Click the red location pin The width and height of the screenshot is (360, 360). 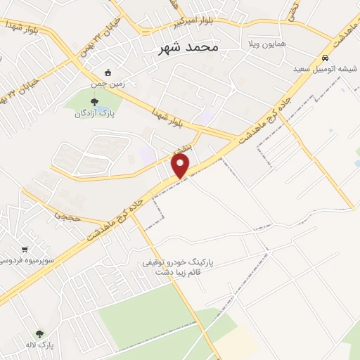click(181, 166)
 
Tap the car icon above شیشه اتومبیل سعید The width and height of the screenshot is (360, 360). click(324, 58)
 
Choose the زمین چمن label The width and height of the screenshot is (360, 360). click(107, 84)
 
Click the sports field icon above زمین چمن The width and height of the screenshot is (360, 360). click(107, 72)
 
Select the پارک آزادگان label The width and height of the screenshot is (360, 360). click(96, 113)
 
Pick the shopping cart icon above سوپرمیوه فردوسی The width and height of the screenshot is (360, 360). click(25, 249)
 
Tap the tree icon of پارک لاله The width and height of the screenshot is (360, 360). click(39, 333)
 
